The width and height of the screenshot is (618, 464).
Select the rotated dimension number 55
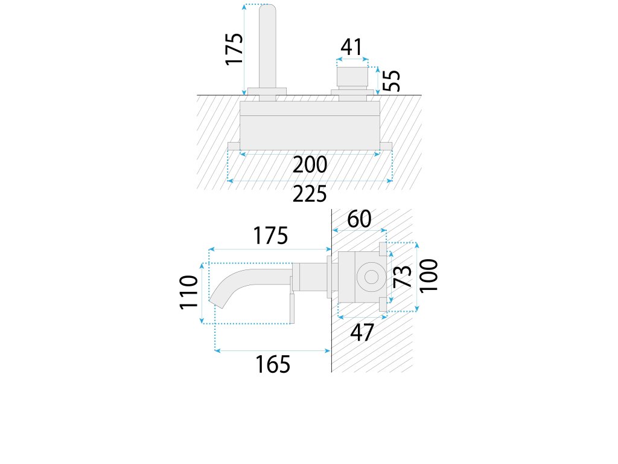click(392, 80)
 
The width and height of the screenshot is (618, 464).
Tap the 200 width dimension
click(310, 164)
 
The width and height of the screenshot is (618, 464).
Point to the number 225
click(310, 195)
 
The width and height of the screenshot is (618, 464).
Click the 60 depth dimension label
click(359, 219)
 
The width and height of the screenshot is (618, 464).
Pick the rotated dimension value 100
click(429, 275)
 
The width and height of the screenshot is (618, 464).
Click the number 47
click(362, 332)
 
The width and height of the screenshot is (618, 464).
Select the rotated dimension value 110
click(190, 292)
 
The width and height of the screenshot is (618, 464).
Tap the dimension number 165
click(273, 364)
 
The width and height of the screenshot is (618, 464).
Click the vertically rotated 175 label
click(234, 49)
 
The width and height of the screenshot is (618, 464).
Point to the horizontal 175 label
click(270, 236)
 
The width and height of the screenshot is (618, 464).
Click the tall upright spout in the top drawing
click(267, 45)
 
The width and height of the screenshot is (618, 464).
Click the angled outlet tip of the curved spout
click(215, 302)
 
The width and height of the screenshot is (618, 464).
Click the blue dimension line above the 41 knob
click(352, 59)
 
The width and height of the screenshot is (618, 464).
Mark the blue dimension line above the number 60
click(359, 230)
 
